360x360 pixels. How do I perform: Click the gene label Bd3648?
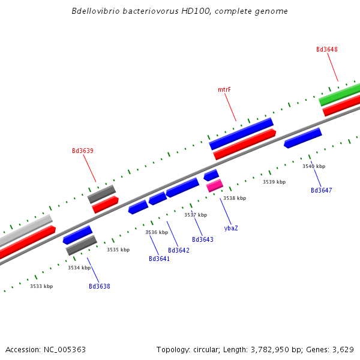326,49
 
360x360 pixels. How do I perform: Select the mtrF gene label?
224,89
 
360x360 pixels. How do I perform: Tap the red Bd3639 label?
83,151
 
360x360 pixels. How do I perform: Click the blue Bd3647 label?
321,190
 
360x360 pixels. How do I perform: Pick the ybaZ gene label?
231,228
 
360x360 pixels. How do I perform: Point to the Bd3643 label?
203,239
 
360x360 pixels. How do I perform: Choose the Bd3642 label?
179,250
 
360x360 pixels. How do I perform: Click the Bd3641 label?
159,259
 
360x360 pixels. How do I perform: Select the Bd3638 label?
100,286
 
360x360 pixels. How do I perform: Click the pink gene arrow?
215,185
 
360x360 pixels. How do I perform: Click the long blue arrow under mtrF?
241,133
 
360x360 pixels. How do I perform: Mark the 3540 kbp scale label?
314,166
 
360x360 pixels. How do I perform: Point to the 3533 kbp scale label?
41,286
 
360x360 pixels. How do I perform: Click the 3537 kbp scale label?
196,215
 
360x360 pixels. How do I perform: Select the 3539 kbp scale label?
274,182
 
